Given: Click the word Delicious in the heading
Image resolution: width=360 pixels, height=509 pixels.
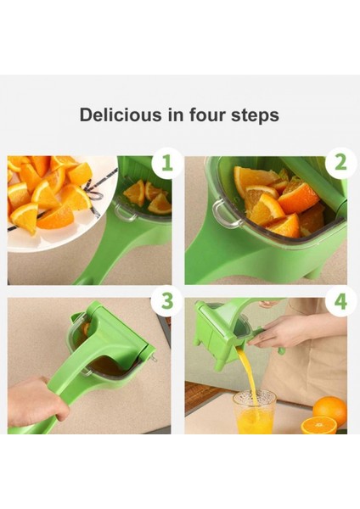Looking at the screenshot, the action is click(x=121, y=115).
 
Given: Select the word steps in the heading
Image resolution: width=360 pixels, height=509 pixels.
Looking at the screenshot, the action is click(x=255, y=116).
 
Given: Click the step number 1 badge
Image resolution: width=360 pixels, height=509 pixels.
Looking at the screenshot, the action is click(x=166, y=163).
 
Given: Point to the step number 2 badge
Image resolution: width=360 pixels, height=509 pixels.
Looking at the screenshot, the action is click(x=340, y=163).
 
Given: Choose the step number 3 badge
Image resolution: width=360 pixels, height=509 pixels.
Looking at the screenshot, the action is click(x=166, y=301).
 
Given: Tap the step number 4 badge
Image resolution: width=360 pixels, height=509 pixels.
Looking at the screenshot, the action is click(x=340, y=301).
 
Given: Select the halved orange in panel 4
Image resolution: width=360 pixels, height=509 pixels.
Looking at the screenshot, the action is click(x=318, y=425).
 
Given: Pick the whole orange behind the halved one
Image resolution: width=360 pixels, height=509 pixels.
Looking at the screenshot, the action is click(x=329, y=409).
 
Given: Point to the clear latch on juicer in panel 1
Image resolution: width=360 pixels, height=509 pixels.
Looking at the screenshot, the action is click(x=125, y=212).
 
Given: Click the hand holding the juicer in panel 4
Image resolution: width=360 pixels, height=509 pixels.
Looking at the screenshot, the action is click(x=276, y=332).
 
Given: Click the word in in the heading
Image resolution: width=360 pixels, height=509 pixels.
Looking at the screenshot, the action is click(x=175, y=115).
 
